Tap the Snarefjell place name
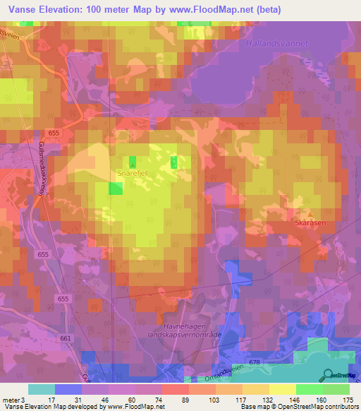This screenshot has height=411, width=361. click(x=130, y=171)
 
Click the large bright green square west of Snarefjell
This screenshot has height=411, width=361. click(x=115, y=188)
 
